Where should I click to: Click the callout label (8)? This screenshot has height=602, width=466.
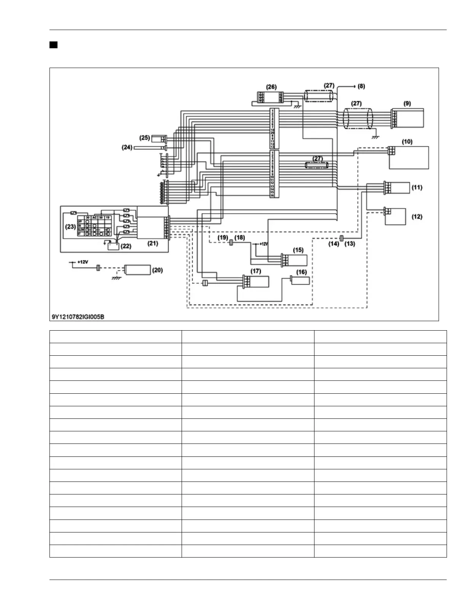361,86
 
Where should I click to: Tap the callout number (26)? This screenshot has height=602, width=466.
271,87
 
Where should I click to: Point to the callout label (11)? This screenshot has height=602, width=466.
417,187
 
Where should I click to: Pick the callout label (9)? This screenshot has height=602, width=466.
407,103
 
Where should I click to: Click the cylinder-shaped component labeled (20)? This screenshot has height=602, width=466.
138,270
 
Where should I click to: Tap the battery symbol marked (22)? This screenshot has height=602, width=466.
113,247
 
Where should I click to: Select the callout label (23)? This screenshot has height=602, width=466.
70,227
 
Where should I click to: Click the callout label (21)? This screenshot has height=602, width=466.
153,244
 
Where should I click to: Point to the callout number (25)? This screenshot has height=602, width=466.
145,138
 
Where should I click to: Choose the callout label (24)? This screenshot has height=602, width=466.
127,147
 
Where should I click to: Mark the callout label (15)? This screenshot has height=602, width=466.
298,250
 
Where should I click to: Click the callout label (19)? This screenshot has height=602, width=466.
223,238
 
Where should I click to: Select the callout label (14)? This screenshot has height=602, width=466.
334,244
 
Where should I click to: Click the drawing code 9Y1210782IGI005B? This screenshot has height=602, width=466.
78,317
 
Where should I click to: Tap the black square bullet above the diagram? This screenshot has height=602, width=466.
53,45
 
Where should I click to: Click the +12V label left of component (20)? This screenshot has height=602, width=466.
83,262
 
